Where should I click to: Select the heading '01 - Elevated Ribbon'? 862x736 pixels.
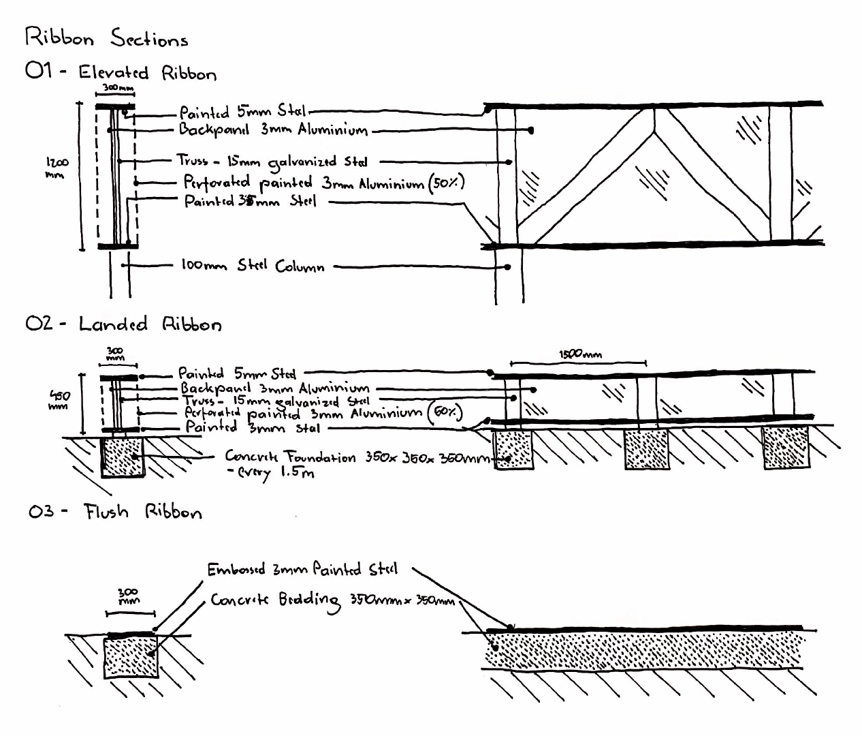pyautogui.click(x=121, y=72)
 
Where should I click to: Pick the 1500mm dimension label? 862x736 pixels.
pyautogui.click(x=580, y=354)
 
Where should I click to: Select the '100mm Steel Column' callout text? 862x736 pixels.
pyautogui.click(x=252, y=266)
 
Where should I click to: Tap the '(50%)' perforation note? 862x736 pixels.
pyautogui.click(x=446, y=183)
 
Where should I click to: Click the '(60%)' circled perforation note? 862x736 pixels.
pyautogui.click(x=446, y=412)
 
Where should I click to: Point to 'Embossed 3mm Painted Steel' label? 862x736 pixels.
pyautogui.click(x=302, y=569)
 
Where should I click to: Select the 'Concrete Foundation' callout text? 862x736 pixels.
pyautogui.click(x=290, y=457)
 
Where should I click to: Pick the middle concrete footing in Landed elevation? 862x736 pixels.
pyautogui.click(x=647, y=448)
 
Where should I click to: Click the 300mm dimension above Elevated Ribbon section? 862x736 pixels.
pyautogui.click(x=118, y=89)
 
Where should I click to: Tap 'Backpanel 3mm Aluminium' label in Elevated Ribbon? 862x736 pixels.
pyautogui.click(x=273, y=129)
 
